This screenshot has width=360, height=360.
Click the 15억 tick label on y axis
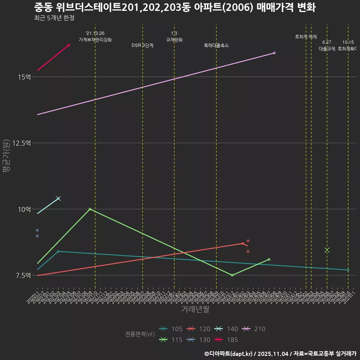(24, 77)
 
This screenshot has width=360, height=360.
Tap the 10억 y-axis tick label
(24, 209)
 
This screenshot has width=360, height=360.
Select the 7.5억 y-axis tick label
(23, 275)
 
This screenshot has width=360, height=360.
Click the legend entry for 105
(171, 329)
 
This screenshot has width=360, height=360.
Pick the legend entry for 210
(253, 329)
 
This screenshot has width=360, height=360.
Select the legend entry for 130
(199, 340)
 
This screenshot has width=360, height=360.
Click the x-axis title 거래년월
(195, 309)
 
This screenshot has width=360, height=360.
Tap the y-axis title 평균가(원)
(6, 156)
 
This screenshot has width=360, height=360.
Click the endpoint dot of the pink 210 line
(274, 53)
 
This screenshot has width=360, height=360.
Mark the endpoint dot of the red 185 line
(69, 45)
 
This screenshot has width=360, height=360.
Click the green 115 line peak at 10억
(90, 209)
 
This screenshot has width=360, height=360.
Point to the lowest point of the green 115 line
(232, 275)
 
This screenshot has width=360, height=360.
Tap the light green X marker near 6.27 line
(327, 250)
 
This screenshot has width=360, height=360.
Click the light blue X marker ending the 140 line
(58, 198)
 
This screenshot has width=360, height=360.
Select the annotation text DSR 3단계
(142, 45)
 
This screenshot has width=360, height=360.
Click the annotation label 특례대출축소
(216, 45)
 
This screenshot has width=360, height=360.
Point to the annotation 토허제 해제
(306, 37)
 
